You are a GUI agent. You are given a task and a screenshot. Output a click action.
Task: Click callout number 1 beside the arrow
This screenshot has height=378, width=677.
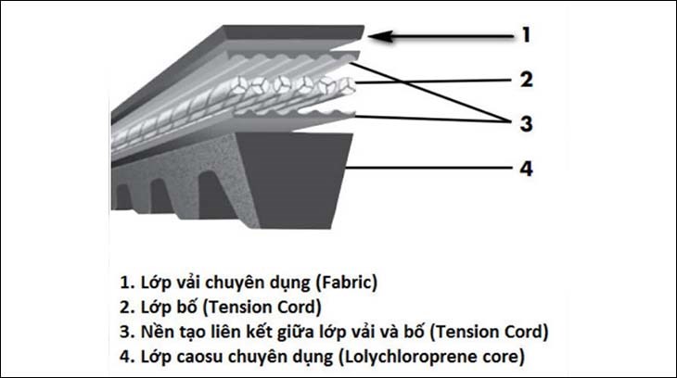coord(526,35)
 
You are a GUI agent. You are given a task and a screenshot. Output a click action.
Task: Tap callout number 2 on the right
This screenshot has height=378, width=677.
coord(527,80)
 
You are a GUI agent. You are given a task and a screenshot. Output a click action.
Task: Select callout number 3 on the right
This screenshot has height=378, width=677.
coord(527,123)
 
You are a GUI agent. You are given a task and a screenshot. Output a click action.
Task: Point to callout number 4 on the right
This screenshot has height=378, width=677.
coord(526,169)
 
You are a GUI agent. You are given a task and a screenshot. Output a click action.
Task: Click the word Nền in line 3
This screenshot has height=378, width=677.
coord(153,332)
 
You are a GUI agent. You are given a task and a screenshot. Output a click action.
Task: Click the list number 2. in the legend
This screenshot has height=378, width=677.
coord(127,308)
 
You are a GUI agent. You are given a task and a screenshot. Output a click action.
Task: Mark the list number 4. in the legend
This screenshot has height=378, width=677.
coord(127,358)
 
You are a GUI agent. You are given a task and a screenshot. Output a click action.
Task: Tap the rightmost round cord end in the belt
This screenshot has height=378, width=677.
coord(346,86)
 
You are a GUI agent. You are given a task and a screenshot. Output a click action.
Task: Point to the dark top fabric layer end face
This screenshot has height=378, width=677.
coord(293,31)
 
